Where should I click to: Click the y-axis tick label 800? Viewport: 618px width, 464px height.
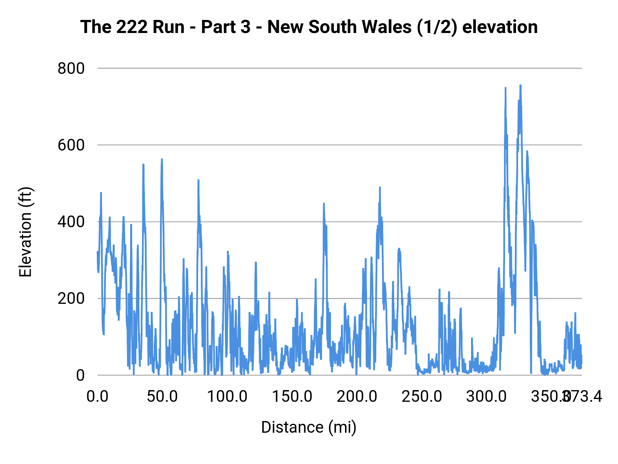coord(71,68)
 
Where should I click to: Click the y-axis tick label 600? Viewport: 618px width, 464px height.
coord(71,145)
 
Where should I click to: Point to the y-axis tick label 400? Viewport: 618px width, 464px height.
coord(71,222)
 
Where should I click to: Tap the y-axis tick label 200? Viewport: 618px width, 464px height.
coord(71,298)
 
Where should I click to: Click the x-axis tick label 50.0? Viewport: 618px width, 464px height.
coord(162,397)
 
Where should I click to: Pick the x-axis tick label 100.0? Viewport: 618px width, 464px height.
coord(227,397)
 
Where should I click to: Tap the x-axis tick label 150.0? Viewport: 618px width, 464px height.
coord(292,397)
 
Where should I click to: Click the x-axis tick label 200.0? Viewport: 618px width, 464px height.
coord(357,397)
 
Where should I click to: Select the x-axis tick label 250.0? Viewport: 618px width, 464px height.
coord(422,397)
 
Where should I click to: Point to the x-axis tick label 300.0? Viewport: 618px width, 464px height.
coord(487,397)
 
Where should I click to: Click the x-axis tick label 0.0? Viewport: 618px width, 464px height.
coord(98,397)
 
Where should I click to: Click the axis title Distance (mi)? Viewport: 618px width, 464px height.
coord(309,427)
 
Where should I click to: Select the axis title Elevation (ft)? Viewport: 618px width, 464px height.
coord(25,232)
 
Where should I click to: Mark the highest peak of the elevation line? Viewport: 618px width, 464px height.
coord(520,85)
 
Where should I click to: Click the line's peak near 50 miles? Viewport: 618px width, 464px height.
coord(162,159)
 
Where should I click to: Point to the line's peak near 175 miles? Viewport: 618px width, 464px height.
coord(324,203)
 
